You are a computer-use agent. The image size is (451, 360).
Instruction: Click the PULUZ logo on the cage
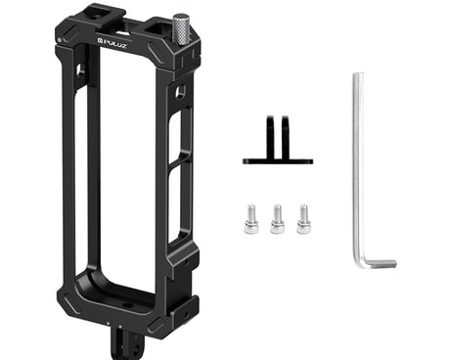coord(112,43)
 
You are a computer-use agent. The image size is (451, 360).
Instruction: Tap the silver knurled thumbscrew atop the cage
coord(178,28)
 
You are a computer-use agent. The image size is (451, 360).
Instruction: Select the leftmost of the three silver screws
coord(250,218)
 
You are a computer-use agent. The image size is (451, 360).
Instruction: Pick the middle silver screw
coord(277,218)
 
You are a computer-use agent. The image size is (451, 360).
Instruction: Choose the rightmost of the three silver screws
coord(303,218)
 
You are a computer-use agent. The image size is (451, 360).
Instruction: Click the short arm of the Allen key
coord(380,263)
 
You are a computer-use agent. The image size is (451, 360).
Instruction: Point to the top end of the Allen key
coord(358,74)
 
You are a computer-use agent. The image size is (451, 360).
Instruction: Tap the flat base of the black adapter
coord(278,161)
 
